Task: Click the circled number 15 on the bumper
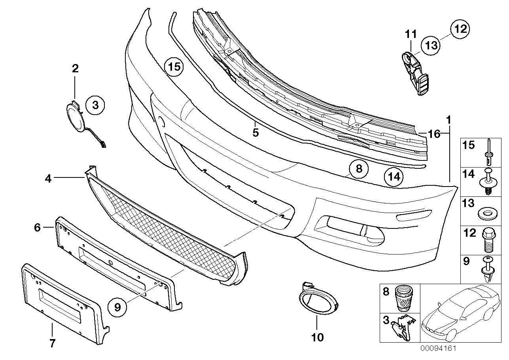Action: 174,67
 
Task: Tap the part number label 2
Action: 75,68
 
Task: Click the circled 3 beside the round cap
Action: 95,105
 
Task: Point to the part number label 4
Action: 48,179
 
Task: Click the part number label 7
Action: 52,343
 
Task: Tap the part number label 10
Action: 318,337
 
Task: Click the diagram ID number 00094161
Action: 439,349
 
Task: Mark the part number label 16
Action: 433,134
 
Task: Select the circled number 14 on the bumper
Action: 394,177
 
